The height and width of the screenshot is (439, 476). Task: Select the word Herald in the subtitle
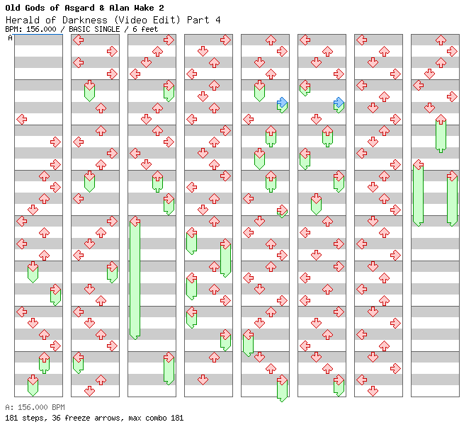23,20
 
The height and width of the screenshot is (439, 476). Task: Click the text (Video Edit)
146,20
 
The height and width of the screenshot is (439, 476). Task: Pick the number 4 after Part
217,20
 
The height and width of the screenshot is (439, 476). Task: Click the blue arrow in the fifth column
282,103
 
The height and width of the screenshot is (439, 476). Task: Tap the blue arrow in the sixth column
339,103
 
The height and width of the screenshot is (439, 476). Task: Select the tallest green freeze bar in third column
135,279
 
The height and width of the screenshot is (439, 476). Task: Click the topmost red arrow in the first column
21,119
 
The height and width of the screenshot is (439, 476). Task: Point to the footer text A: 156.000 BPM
35,407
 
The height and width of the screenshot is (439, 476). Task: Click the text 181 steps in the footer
22,418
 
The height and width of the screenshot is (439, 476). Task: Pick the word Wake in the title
144,8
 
